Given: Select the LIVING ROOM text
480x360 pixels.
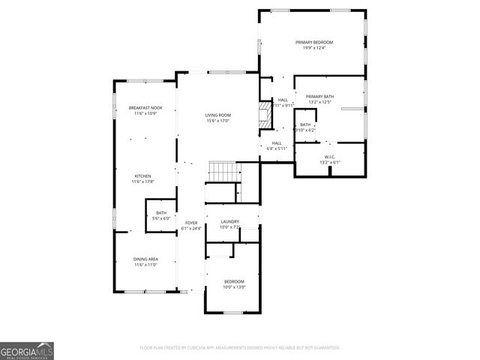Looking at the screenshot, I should click(x=217, y=115).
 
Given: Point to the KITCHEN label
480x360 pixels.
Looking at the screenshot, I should click(x=142, y=176).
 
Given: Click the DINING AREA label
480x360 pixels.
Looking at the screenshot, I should click(x=145, y=259).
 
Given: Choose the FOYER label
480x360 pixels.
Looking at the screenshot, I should click(x=191, y=223).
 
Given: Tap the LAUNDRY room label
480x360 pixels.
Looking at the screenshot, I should click(x=229, y=221).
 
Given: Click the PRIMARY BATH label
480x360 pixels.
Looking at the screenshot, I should click(x=319, y=96).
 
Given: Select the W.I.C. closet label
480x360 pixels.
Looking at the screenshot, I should click(x=329, y=157).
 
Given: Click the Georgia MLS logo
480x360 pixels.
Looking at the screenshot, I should click(x=27, y=350).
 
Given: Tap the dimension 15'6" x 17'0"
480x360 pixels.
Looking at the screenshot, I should click(x=217, y=121).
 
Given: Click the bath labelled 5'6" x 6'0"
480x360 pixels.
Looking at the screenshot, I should click(x=162, y=215).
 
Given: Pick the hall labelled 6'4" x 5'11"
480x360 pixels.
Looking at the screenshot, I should click(x=277, y=145).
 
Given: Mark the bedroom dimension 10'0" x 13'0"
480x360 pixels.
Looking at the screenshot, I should click(x=234, y=287).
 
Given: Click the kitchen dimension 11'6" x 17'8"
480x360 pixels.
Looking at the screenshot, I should click(x=142, y=182).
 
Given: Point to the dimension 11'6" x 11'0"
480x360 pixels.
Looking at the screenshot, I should click(x=145, y=265).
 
